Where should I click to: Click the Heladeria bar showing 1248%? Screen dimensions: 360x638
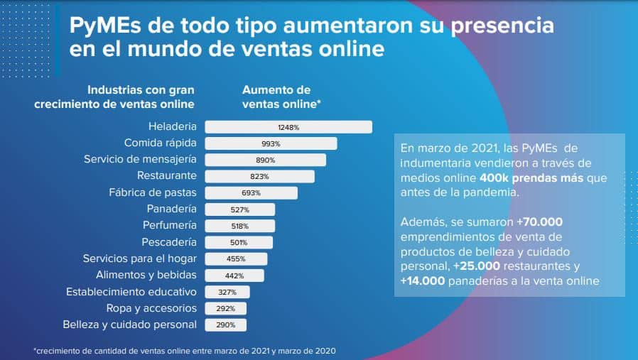coord(288,127)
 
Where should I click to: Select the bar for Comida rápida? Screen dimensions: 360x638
coord(271,143)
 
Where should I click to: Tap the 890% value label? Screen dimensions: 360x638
coord(266,160)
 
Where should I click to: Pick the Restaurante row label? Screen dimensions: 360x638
coord(167,175)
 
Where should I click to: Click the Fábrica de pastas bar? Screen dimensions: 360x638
coord(251,192)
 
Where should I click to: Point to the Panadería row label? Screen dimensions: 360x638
coord(172,209)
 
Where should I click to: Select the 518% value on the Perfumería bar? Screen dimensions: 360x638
coord(239,226)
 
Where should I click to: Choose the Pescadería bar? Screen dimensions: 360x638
coord(239,242)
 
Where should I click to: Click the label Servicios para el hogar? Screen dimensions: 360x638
coord(140,258)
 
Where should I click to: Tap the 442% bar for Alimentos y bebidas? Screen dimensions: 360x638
coord(234,276)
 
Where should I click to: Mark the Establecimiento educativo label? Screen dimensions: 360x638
coord(131,292)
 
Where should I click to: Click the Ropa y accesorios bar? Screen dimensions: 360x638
coord(226,308)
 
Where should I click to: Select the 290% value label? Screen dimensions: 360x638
coord(226,324)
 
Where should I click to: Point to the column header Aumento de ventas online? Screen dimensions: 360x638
coord(281,97)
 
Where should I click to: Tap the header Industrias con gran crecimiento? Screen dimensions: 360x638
coord(114,97)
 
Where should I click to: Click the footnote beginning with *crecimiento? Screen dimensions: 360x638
coord(185,351)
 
